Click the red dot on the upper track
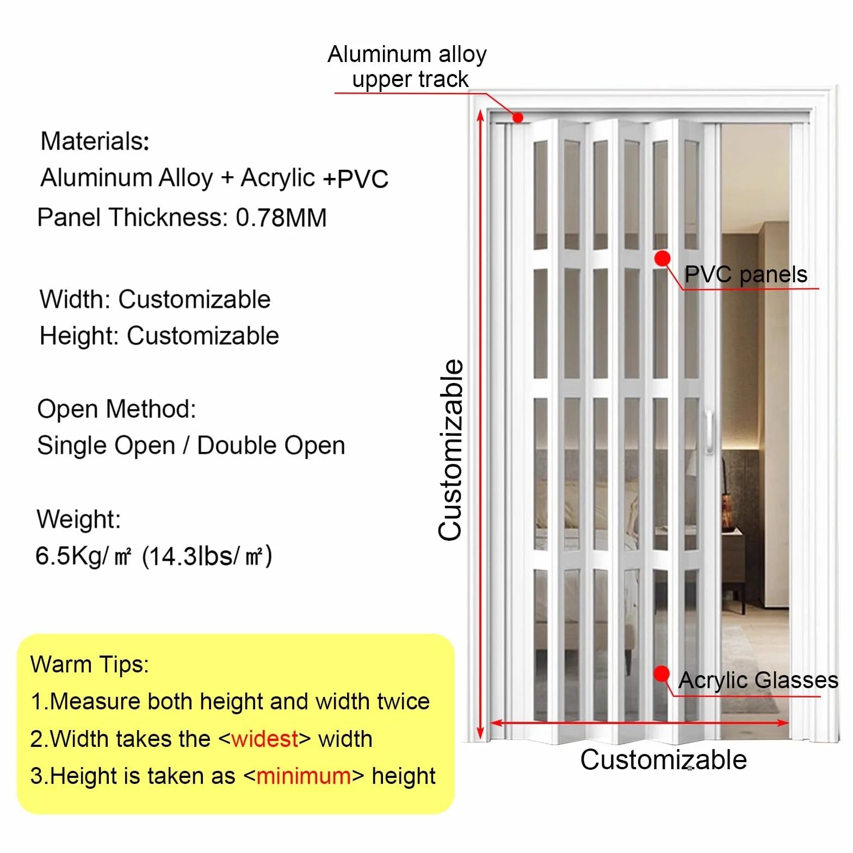518,118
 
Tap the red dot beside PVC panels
662,258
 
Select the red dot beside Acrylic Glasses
662,673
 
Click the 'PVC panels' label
745,275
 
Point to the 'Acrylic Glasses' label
758,681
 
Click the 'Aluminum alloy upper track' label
407,66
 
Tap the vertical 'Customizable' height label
450,450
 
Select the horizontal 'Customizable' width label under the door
663,759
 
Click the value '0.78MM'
281,218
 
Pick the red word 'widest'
265,739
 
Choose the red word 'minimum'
304,776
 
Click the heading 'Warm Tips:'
90,664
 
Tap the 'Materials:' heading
95,141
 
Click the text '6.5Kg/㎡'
83,556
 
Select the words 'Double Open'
271,446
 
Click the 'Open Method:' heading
116,409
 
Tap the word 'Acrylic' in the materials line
278,178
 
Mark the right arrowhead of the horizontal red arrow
783,722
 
